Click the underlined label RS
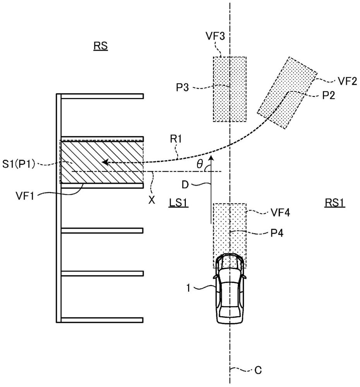[x=101, y=46]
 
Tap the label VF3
[x=215, y=36]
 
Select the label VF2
[x=347, y=81]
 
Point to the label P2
[x=328, y=95]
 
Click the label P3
[x=182, y=87]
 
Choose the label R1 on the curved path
[x=176, y=139]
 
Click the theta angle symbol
[x=199, y=164]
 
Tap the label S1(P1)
[x=19, y=164]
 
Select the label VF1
[x=24, y=196]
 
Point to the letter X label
[x=152, y=200]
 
